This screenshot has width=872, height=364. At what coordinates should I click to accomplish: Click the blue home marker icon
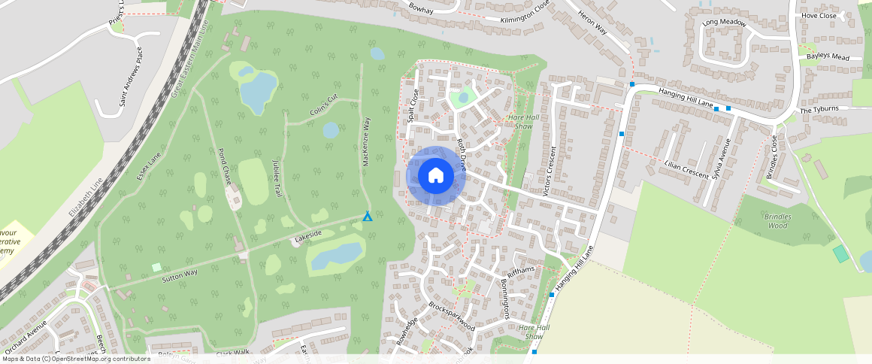coord(435,176)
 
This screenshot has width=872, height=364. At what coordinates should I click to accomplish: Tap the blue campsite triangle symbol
coord(368,217)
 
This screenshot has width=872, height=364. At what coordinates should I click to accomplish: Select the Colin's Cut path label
coord(325,108)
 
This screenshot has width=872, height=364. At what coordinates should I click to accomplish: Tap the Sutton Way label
coord(180,274)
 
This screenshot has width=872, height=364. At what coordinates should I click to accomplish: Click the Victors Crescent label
coord(550,171)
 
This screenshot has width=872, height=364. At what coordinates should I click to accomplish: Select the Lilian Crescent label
coord(686,169)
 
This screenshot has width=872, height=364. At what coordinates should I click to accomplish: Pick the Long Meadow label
coord(724,23)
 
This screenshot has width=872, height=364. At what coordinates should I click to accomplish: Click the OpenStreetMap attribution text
coord(75,359)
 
